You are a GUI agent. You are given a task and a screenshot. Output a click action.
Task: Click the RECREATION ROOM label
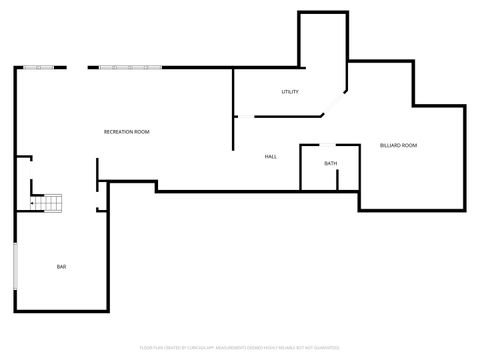(127, 132)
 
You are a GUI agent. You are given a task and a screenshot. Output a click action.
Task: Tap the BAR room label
(62, 267)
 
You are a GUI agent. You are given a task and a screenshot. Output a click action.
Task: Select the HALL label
(271, 157)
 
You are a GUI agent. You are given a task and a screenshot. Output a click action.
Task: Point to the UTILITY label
(290, 92)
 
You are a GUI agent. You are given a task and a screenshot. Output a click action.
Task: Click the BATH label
(330, 163)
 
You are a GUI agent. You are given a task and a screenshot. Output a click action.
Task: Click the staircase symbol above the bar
(47, 203)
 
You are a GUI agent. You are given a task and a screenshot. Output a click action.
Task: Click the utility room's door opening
(244, 117)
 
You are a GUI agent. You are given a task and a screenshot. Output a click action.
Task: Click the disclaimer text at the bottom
(239, 349)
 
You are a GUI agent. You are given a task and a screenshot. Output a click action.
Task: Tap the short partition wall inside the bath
(337, 180)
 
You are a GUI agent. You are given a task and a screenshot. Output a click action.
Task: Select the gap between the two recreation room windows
(78, 67)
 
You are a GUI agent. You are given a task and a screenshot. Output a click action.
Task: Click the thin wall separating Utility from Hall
(290, 117)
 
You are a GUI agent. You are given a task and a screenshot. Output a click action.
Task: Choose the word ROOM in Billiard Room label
(409, 146)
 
